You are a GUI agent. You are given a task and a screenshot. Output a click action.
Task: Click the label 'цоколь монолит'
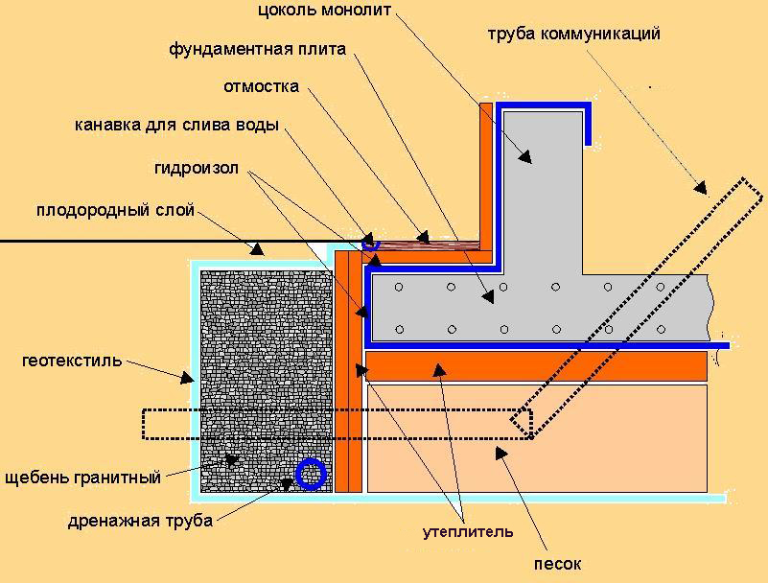(325, 11)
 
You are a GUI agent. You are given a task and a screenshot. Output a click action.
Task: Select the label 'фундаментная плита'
(257, 50)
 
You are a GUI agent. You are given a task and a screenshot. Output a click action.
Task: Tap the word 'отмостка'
(261, 86)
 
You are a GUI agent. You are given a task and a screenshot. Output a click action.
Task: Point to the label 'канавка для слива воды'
(176, 125)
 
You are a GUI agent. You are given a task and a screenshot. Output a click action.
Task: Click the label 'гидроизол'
(197, 169)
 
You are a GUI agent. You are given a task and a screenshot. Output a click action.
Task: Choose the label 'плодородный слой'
(116, 211)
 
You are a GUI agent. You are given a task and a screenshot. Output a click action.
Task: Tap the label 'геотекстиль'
(72, 361)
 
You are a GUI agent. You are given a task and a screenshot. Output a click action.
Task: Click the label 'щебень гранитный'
(82, 478)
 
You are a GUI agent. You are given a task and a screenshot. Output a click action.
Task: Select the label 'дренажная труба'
(140, 521)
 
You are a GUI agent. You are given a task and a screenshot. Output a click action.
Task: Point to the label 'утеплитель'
(468, 532)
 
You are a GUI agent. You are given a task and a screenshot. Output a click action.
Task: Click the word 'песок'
(557, 565)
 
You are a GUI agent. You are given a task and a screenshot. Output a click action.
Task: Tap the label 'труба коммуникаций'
(573, 34)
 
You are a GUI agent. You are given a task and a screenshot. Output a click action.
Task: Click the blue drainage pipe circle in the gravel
(311, 475)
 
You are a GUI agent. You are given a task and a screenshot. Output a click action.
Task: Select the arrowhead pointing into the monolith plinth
(525, 156)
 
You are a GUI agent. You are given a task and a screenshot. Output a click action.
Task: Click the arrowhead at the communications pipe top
(701, 188)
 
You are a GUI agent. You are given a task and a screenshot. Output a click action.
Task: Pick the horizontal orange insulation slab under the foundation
(536, 366)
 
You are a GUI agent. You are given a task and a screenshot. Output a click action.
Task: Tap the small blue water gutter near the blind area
(370, 244)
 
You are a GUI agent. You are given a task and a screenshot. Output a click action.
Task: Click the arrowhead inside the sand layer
(501, 454)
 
